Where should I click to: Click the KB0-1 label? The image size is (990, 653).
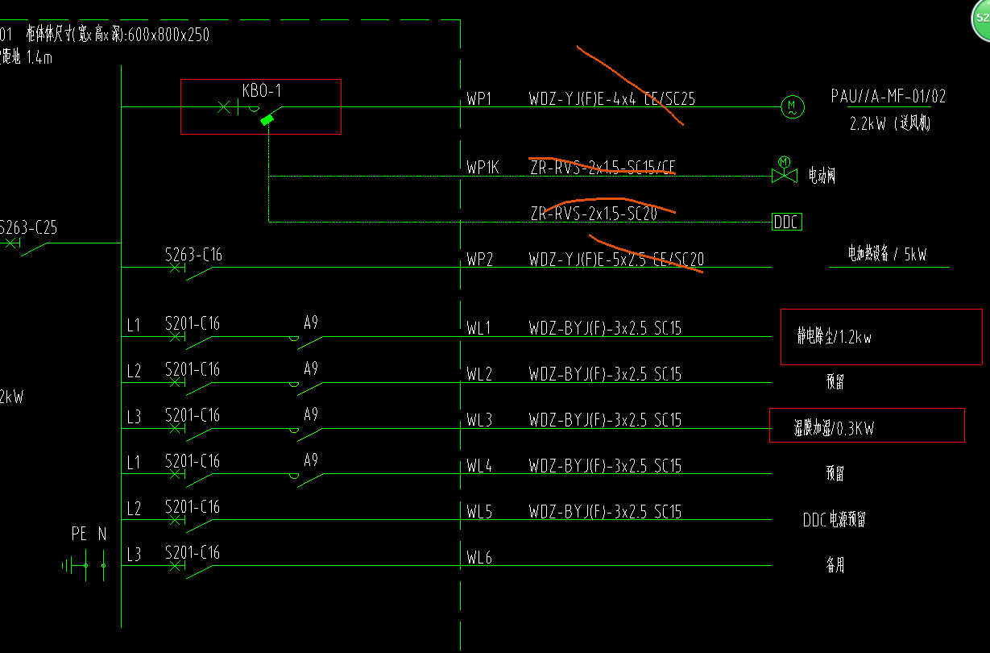point(262,90)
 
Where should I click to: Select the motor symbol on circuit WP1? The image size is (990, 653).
point(792,106)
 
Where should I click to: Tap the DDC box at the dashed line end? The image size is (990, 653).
point(787,222)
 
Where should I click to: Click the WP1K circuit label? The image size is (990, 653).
point(483,168)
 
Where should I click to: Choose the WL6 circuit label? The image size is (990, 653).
point(478,557)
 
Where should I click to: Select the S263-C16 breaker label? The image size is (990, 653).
point(193,256)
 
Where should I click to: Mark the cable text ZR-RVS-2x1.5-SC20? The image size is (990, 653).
point(594,214)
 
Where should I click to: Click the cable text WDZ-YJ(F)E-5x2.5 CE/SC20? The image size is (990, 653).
point(616,260)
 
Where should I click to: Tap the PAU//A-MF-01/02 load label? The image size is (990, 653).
point(889,97)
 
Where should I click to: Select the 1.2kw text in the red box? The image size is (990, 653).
point(852,338)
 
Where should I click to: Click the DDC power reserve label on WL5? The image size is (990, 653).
point(834,519)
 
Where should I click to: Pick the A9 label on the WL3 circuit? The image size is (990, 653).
point(311,414)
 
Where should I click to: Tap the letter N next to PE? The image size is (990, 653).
point(102,534)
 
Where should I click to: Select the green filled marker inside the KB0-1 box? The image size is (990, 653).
point(267,119)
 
